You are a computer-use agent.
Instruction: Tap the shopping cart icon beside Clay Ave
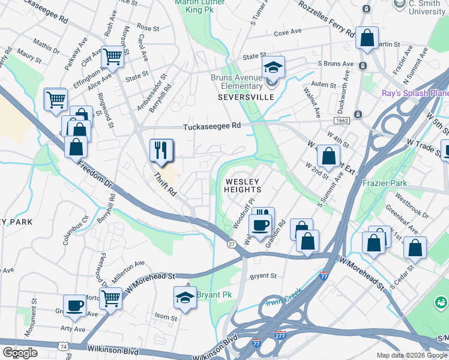pos(112,56)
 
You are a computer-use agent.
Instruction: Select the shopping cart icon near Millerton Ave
pos(111,298)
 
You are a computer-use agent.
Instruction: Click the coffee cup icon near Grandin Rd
pos(260,225)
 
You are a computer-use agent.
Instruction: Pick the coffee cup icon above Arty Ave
pos(75,305)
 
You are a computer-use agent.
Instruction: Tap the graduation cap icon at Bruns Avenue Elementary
pos(273,66)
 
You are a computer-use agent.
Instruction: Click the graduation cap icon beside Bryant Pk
pos(185,297)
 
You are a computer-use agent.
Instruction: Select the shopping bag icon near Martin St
pos(366,38)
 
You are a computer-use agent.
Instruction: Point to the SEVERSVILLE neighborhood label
pos(241,97)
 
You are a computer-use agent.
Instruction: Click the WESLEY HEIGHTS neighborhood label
pos(243,185)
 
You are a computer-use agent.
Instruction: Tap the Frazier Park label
pos(384,183)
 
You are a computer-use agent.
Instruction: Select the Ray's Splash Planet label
pos(415,94)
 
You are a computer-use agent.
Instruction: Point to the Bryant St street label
pos(262,277)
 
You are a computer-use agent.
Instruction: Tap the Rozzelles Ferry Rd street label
pos(325,22)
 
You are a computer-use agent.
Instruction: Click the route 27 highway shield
pos(231,244)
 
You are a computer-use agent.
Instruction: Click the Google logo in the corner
pos(20,353)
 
